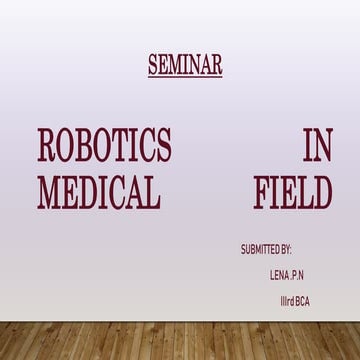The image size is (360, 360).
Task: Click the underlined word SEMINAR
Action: [185, 65]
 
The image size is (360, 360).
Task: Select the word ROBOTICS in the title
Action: [104, 147]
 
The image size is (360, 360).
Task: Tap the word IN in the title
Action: [317, 147]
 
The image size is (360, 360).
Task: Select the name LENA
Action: [280, 272]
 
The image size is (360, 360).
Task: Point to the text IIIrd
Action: [287, 297]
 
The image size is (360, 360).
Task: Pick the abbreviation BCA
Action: [303, 297]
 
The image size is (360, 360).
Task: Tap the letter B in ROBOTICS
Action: [87, 147]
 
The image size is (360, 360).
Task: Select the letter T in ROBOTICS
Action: [124, 147]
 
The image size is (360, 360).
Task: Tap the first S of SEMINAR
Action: [153, 65]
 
